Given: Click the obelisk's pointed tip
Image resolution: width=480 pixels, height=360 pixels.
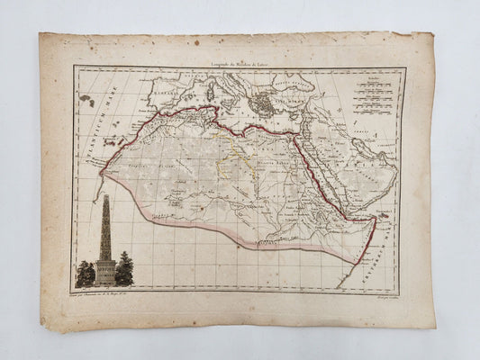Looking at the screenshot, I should pos(105,196).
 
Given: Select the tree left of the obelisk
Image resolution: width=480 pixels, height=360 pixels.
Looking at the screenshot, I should pos(86,274).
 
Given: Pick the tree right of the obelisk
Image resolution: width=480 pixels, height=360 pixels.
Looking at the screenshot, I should pos(124,269).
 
